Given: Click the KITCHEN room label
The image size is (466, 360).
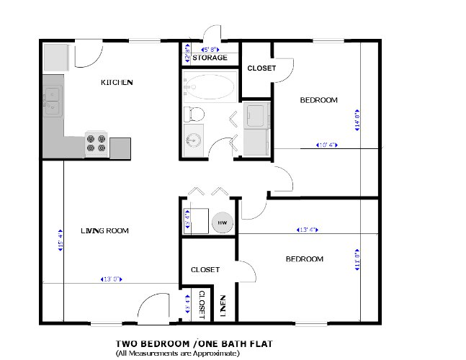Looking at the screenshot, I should [117, 83].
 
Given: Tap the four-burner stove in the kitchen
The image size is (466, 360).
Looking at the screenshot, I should [97, 145].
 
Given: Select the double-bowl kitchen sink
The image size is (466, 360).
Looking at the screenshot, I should [52, 100].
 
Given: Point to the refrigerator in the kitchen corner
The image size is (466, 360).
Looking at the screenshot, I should [55, 55].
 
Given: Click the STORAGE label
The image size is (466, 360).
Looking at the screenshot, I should [210, 58].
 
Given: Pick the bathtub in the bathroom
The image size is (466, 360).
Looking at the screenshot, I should [210, 88].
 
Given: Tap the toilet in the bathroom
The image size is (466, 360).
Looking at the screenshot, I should [194, 113].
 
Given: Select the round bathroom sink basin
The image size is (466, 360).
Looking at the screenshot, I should [192, 140].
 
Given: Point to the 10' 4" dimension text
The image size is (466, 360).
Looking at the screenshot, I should [327, 145].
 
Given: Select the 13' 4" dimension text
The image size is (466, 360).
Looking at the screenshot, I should [308, 230].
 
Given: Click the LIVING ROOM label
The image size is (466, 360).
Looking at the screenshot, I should [104, 230].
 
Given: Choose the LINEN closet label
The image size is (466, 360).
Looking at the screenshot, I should [223, 307].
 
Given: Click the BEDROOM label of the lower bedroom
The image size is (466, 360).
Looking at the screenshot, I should [304, 258].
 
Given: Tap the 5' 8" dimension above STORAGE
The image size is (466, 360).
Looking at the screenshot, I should [210, 49].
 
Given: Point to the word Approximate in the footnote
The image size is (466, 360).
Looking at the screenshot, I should [218, 354].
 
